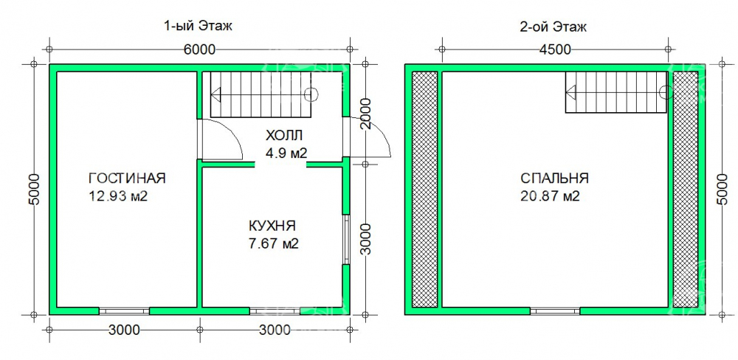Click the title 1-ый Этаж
pyautogui.click(x=198, y=27)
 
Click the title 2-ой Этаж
pyautogui.click(x=553, y=27)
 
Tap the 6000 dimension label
pyautogui.click(x=199, y=49)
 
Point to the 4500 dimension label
pyautogui.click(x=555, y=49)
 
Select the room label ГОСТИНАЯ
pyautogui.click(x=127, y=179)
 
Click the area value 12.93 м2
pyautogui.click(x=118, y=196)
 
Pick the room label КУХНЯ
pyautogui.click(x=272, y=226)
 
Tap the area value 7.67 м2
pyautogui.click(x=274, y=244)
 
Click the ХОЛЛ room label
pyautogui.click(x=284, y=136)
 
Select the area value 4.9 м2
pyautogui.click(x=286, y=153)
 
